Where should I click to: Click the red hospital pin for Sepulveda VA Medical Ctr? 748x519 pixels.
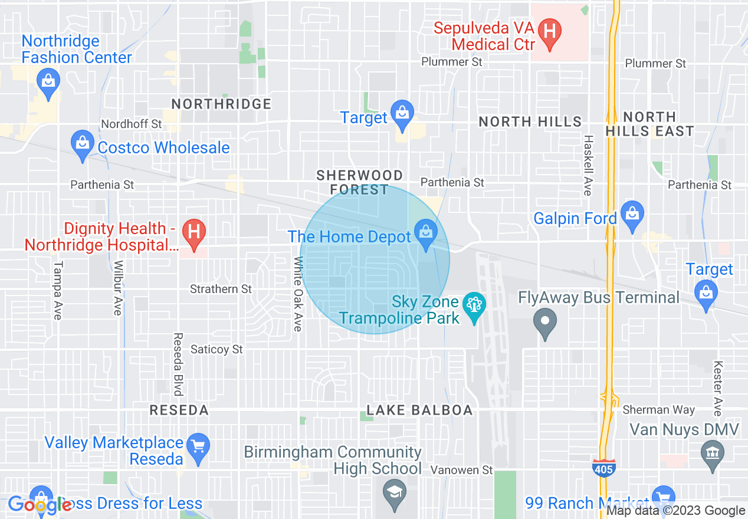pyautogui.click(x=550, y=34)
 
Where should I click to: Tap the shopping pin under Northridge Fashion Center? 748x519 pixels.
pyautogui.click(x=48, y=83)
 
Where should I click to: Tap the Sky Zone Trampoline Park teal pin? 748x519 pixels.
pyautogui.click(x=474, y=308)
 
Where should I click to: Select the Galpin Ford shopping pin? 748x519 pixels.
pyautogui.click(x=632, y=216)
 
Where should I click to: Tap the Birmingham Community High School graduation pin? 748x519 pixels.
pyautogui.click(x=393, y=494)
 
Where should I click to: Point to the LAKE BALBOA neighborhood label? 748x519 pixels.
pyautogui.click(x=419, y=410)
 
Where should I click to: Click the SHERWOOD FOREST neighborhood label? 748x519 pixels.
pyautogui.click(x=359, y=182)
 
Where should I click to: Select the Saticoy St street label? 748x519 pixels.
pyautogui.click(x=216, y=349)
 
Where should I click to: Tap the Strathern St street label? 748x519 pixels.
pyautogui.click(x=221, y=289)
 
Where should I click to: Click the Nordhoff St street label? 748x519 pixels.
pyautogui.click(x=131, y=124)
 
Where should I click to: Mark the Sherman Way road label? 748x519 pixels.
pyautogui.click(x=658, y=409)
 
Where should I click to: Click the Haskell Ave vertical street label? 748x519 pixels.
pyautogui.click(x=588, y=165)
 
